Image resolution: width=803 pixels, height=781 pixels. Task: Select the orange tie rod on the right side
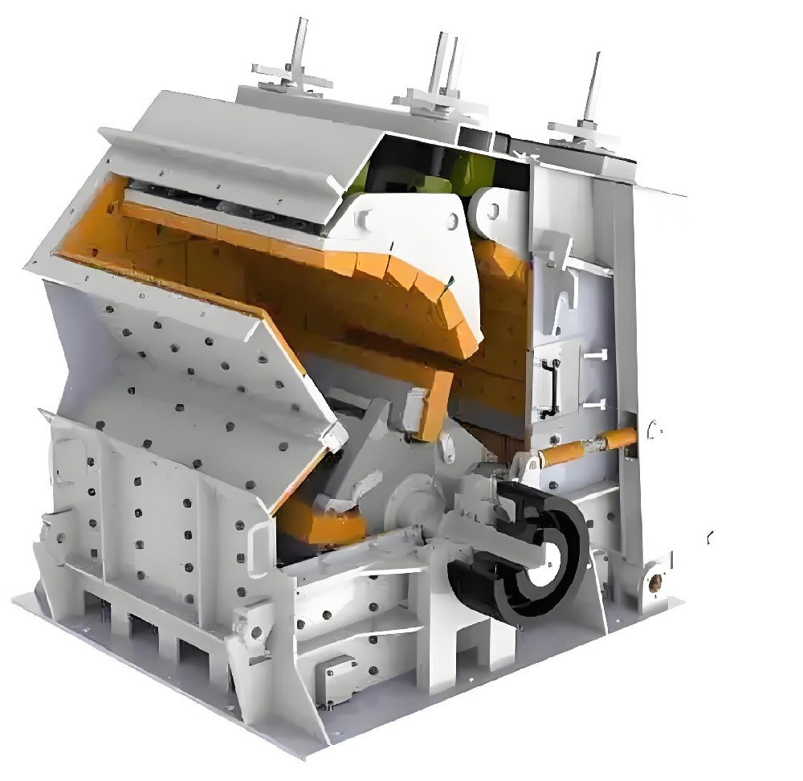585,447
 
